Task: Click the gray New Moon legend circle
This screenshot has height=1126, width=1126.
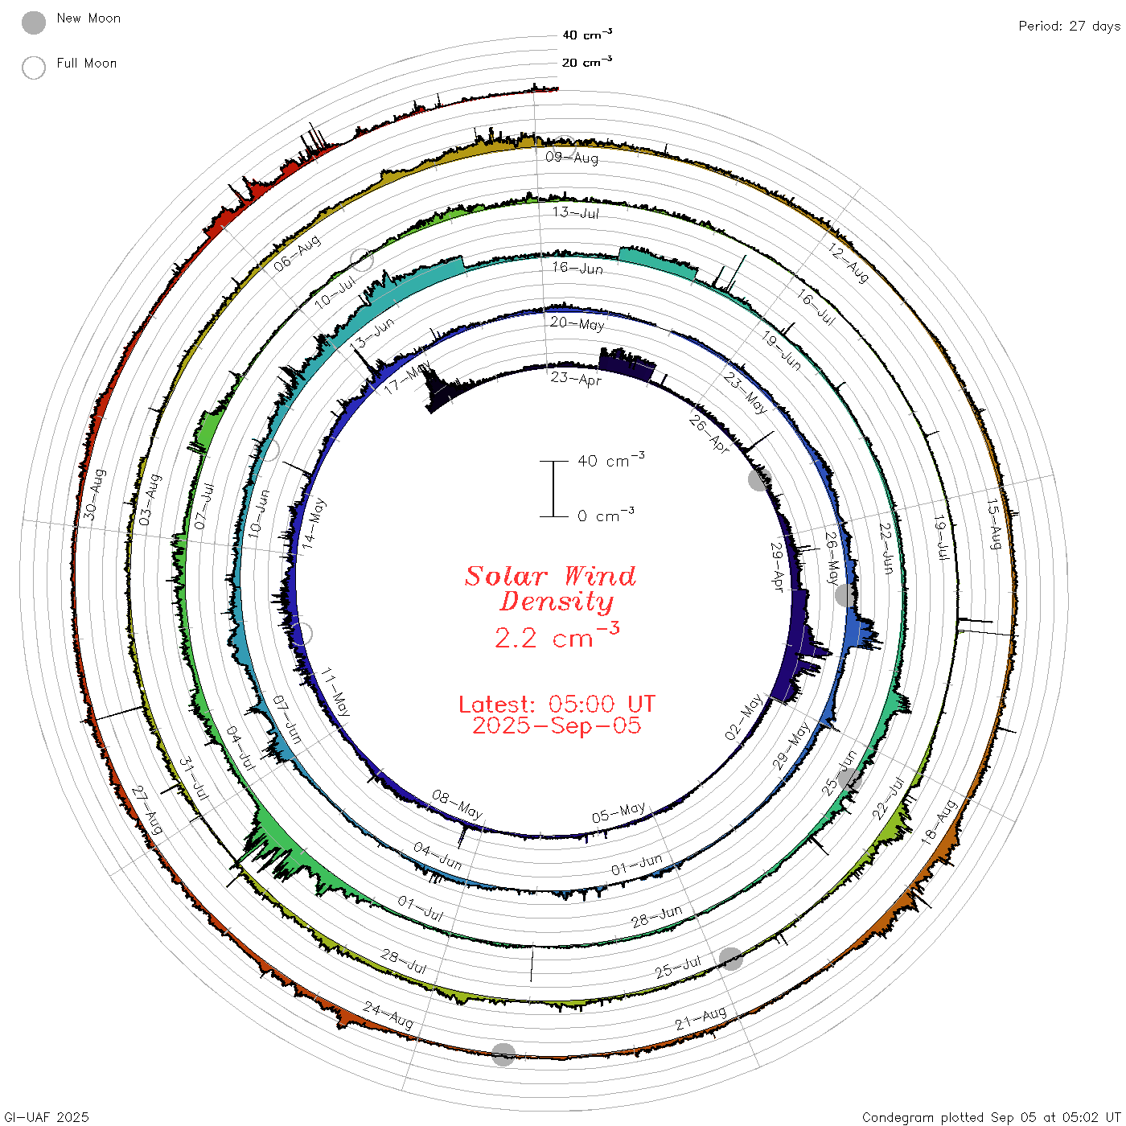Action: click(x=33, y=23)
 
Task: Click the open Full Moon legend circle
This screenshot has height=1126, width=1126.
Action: click(x=33, y=68)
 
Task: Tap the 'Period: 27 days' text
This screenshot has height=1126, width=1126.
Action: click(x=1069, y=27)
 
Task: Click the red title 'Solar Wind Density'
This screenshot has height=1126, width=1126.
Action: click(x=550, y=589)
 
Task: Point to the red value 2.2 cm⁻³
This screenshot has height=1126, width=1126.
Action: click(x=557, y=636)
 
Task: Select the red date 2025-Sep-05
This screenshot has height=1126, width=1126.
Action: click(x=557, y=725)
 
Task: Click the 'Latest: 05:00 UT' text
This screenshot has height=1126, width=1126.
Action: click(x=557, y=704)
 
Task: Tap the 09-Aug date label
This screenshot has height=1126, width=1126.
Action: click(x=572, y=158)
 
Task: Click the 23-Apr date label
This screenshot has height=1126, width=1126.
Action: click(x=576, y=379)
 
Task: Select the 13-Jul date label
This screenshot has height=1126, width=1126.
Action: click(x=576, y=212)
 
